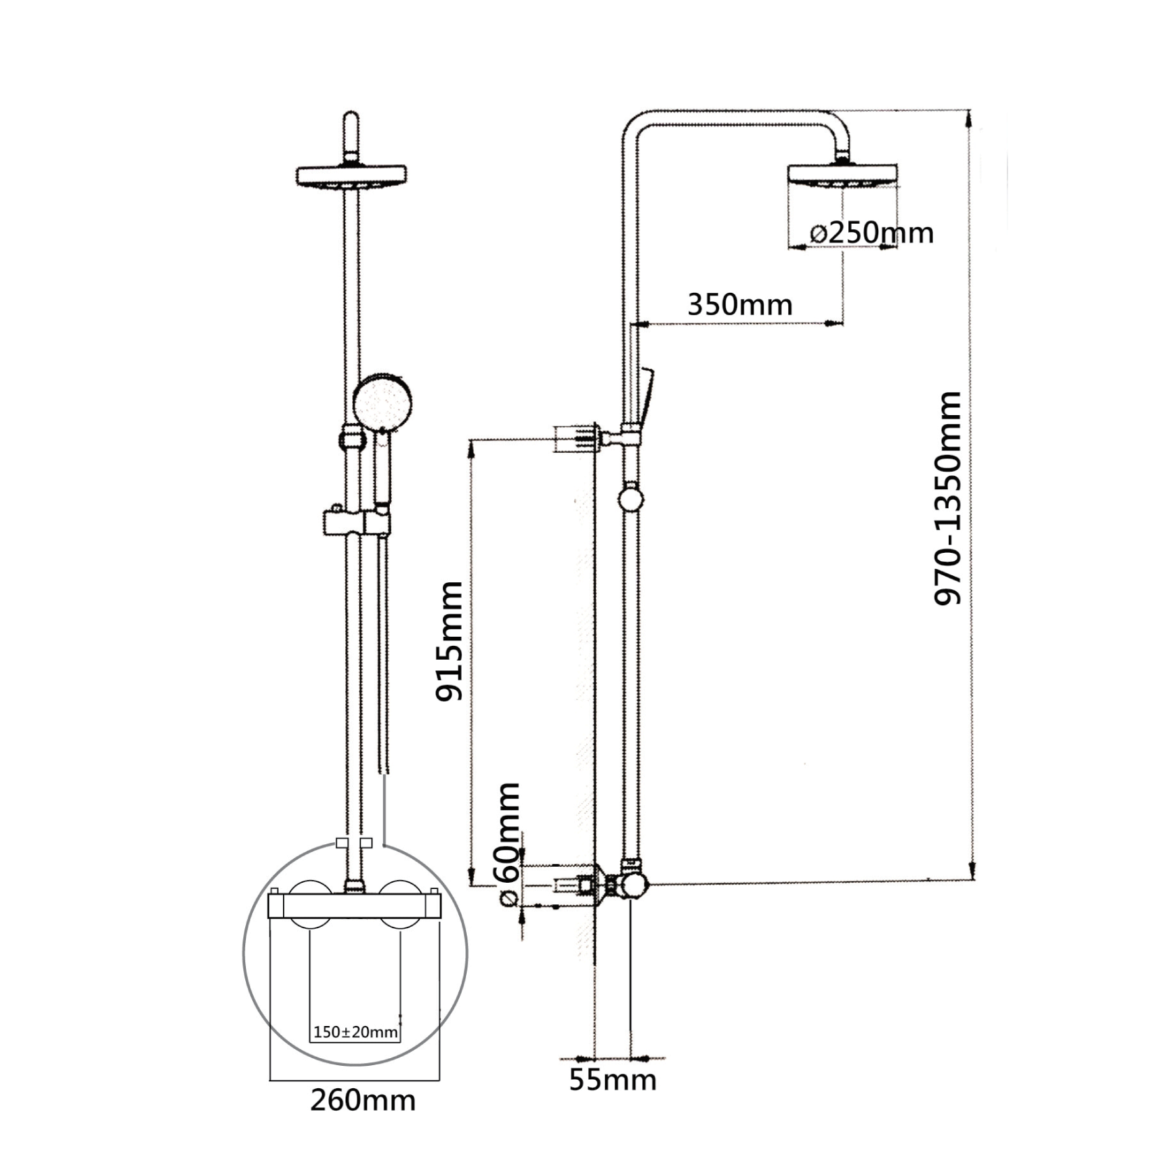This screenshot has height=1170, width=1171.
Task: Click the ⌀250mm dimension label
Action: (x=871, y=233)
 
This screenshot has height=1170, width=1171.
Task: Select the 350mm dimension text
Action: (x=740, y=305)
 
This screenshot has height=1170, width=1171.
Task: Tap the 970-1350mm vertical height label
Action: (x=948, y=498)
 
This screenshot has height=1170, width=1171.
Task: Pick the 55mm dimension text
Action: (x=613, y=1080)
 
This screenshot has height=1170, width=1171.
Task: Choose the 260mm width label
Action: (x=363, y=1101)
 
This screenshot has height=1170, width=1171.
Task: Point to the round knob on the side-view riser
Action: (x=631, y=500)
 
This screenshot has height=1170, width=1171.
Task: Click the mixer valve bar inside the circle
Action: (x=354, y=907)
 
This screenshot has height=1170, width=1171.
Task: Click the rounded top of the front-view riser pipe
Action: (x=351, y=126)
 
